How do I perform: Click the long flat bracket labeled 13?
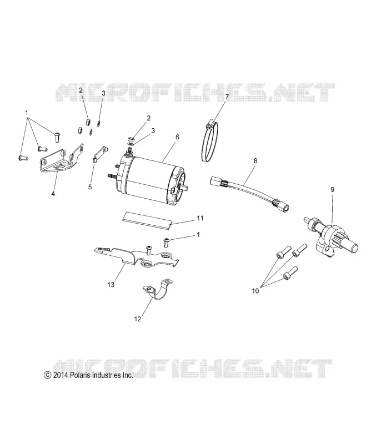[136, 256]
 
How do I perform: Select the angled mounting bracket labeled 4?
[61, 158]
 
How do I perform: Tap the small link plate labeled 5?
[99, 154]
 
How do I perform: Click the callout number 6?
[177, 137]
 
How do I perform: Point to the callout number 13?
[111, 285]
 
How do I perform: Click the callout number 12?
[138, 319]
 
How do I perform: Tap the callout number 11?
[200, 218]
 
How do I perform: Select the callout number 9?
[333, 189]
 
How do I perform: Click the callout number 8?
[255, 161]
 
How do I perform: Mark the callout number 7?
[227, 97]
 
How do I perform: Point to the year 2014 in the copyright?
[60, 376]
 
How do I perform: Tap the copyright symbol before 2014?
[47, 376]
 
